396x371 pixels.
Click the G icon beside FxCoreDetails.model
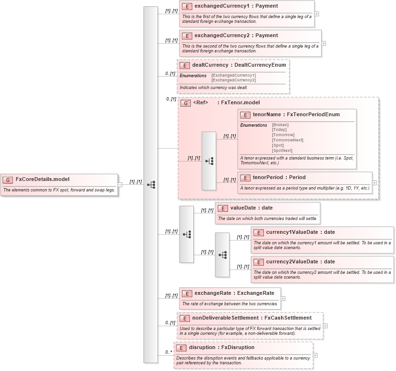click(x=8, y=180)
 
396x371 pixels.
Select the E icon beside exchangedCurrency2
click(x=188, y=36)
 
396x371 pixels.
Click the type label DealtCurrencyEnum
click(x=261, y=65)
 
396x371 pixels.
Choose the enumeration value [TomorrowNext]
click(x=288, y=140)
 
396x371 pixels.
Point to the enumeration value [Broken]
click(x=281, y=125)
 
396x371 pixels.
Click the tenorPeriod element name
click(x=269, y=177)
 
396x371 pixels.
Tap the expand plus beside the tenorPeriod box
click(x=375, y=183)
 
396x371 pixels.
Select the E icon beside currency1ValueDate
click(x=258, y=232)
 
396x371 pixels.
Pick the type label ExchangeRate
click(x=257, y=293)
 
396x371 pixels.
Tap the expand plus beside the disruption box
click(x=315, y=355)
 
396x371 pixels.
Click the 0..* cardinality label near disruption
click(x=168, y=352)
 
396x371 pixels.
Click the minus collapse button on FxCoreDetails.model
click(x=120, y=185)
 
